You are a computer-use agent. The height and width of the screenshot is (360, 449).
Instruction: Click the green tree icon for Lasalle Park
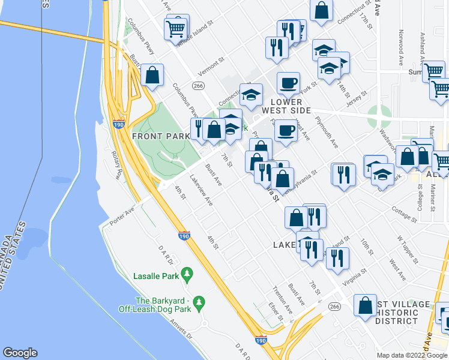[187, 274]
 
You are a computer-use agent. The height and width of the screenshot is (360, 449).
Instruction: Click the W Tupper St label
[406, 249]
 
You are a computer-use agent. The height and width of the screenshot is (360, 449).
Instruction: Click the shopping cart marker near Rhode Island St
[176, 28]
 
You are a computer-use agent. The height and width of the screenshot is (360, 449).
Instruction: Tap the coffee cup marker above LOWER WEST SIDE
[288, 83]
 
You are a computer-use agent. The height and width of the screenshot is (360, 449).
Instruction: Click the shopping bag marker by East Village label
[365, 305]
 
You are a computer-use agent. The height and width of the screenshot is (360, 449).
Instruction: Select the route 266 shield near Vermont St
[199, 86]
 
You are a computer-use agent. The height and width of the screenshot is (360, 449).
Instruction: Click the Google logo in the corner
[20, 353]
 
